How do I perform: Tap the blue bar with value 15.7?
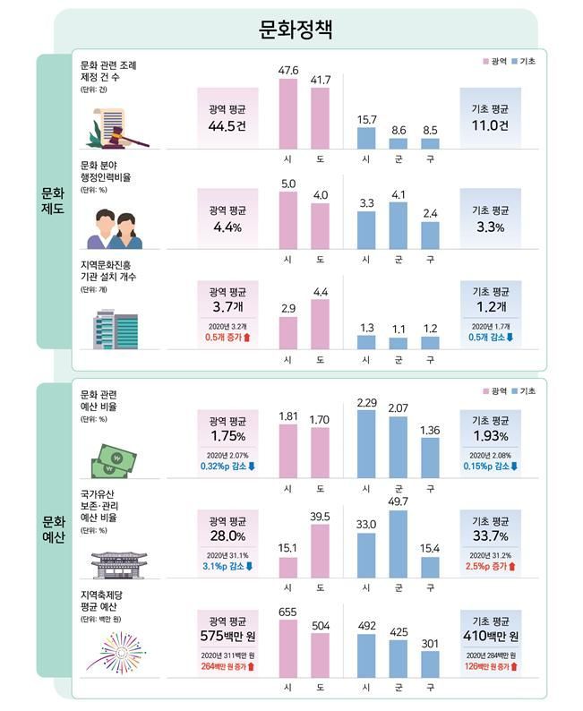(365, 137)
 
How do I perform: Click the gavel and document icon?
(119, 128)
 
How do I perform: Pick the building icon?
(116, 329)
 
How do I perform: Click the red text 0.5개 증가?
(227, 337)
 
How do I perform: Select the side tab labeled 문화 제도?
(53, 201)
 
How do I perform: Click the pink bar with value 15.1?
(287, 568)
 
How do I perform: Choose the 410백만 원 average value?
(490, 638)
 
